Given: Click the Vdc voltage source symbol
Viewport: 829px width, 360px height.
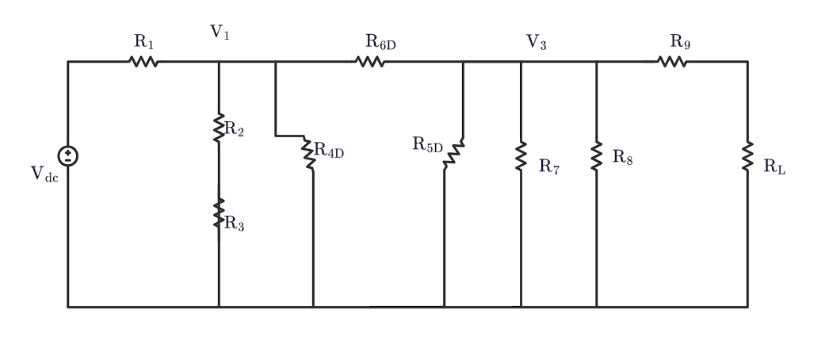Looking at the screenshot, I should pyautogui.click(x=68, y=155).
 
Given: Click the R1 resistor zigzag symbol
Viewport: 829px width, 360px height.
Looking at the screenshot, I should pyautogui.click(x=143, y=61).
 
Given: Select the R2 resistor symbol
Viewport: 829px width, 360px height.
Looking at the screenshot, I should pyautogui.click(x=219, y=128).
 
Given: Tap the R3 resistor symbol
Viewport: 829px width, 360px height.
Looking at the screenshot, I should pyautogui.click(x=219, y=213).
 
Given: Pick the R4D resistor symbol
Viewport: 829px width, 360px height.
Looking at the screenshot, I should pyautogui.click(x=309, y=153).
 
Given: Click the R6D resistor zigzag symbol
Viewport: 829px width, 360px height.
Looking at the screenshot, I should pyautogui.click(x=371, y=61).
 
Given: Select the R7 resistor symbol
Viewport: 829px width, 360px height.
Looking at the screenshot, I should pyautogui.click(x=521, y=156).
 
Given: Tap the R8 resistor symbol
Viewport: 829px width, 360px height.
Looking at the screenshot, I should pyautogui.click(x=596, y=155).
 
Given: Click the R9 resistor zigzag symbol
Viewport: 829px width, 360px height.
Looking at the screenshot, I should pyautogui.click(x=672, y=61).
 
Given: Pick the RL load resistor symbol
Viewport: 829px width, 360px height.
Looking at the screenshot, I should pyautogui.click(x=747, y=155).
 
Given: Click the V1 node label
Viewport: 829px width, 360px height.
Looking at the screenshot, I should pyautogui.click(x=220, y=33).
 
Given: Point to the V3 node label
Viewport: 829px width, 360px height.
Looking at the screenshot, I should pyautogui.click(x=537, y=42).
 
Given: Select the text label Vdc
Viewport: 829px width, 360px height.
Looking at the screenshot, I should pyautogui.click(x=44, y=174).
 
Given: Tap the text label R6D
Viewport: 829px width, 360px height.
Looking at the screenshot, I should pyautogui.click(x=380, y=42).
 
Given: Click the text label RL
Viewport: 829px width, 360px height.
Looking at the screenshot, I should pyautogui.click(x=774, y=167).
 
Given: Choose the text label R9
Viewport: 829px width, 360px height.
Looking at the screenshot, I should pyautogui.click(x=680, y=41).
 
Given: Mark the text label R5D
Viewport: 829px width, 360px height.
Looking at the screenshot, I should pyautogui.click(x=427, y=144).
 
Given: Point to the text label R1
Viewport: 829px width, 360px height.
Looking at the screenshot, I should pyautogui.click(x=144, y=41).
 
